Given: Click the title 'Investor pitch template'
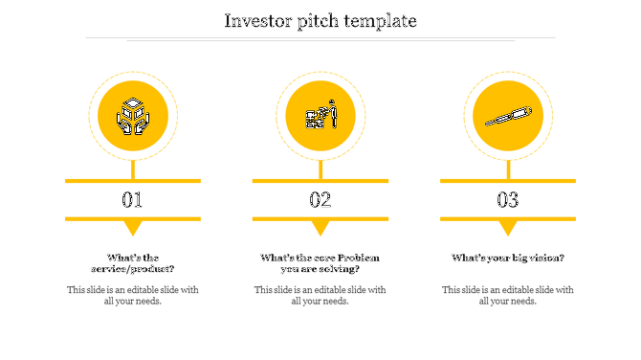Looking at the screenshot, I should point(320,20).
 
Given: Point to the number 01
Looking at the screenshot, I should point(132,200).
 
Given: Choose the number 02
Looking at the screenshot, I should point(320,200).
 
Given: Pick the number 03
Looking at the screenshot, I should point(507,200).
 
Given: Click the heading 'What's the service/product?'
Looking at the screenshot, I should point(133,263).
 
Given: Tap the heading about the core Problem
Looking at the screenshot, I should point(320,263).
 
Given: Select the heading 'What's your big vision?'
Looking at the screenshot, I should point(507,258).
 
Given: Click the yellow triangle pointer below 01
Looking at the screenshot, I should point(133,227).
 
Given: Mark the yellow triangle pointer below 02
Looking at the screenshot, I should point(320,227).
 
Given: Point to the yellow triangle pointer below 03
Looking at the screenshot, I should point(507,227).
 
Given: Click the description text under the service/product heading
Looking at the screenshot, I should point(133,295).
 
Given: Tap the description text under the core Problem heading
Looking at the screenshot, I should point(320,295).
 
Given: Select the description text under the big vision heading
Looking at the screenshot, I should point(507,295).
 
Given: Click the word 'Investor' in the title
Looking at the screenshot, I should point(258,20).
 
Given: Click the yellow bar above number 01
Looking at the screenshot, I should point(133,180).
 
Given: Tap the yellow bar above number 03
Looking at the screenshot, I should point(507,180).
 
